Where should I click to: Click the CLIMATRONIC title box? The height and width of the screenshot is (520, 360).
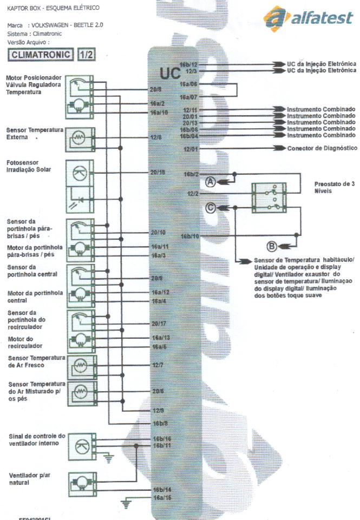click(42, 55)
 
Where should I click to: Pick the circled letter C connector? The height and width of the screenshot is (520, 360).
click(211, 208)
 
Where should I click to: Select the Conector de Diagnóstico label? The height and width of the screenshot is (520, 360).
click(322, 148)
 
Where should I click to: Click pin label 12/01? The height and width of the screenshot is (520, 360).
click(191, 148)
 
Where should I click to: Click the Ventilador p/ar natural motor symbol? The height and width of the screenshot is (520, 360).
click(80, 482)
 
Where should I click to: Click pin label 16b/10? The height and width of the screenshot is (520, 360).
click(191, 236)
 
